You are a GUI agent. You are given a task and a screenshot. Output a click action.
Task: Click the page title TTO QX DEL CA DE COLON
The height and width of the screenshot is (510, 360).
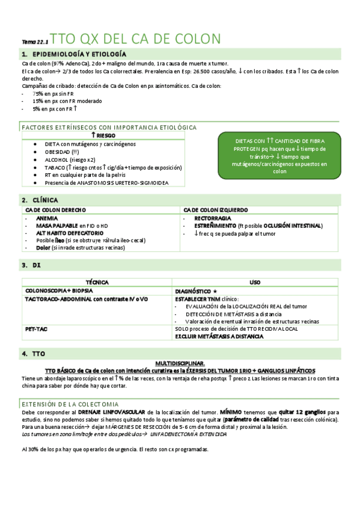(135, 39)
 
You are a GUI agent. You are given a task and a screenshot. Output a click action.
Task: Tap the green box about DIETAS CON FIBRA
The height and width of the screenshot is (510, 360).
(280, 156)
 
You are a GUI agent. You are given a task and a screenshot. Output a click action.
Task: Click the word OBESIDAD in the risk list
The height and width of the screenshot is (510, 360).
(58, 152)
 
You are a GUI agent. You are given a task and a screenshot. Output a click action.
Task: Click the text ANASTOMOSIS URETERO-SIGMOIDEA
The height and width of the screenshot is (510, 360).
(126, 182)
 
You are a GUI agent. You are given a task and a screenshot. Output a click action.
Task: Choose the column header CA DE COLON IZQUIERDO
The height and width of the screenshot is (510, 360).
(215, 210)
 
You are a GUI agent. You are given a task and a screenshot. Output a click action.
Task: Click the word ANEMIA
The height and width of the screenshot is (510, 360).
(47, 218)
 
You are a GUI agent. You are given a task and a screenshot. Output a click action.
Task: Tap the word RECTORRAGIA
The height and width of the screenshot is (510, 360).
(214, 218)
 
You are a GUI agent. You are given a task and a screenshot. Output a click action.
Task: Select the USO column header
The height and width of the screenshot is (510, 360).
(255, 281)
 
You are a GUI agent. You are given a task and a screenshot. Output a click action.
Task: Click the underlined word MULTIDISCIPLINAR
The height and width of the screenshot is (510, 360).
(180, 363)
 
